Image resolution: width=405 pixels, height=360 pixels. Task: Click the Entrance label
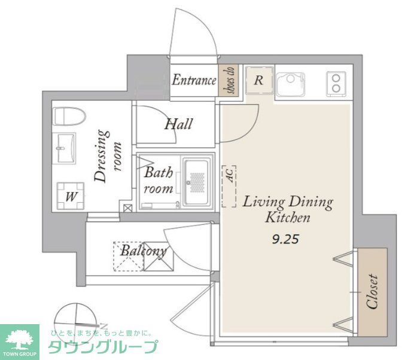click(x=194, y=80)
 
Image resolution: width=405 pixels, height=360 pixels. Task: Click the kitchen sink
click(x=290, y=83)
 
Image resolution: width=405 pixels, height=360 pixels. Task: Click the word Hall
click(x=178, y=124)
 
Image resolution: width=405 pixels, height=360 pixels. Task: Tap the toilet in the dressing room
click(x=64, y=117)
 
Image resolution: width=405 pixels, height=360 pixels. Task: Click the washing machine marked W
click(x=70, y=196)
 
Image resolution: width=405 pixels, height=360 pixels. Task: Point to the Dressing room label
click(x=106, y=156)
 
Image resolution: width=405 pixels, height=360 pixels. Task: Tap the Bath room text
click(x=159, y=181)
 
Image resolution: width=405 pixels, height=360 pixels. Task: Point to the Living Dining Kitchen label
click(x=287, y=209)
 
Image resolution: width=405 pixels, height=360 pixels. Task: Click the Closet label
click(x=372, y=291)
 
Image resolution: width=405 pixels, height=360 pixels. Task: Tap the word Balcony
click(x=143, y=250)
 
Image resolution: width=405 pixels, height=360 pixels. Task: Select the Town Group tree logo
click(x=20, y=338)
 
